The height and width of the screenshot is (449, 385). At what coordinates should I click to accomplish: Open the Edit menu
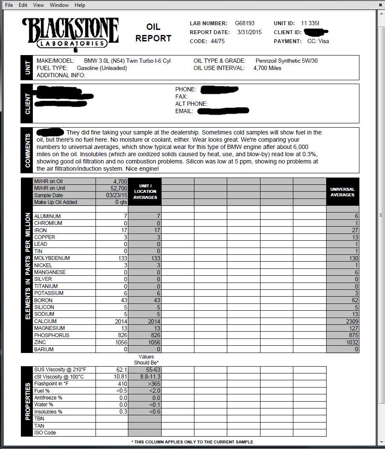tap(23, 5)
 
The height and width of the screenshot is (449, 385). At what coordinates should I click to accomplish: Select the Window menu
tap(59, 5)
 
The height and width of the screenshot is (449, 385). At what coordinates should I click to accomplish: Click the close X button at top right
tap(380, 5)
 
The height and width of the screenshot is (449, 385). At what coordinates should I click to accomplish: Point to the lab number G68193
tap(245, 23)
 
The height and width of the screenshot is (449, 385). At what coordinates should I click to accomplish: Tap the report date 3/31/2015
tap(249, 32)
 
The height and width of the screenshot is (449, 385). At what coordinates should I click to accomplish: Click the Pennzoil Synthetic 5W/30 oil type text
tap(287, 61)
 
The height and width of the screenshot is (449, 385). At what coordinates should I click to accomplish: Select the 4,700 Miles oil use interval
tap(267, 68)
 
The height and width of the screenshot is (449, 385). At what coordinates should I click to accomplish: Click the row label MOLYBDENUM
tap(52, 258)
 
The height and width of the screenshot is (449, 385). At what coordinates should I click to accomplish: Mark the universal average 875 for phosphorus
tap(353, 335)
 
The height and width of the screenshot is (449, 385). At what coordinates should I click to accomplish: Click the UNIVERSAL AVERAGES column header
tap(342, 192)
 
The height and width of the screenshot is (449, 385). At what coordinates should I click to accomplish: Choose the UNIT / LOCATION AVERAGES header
tap(145, 192)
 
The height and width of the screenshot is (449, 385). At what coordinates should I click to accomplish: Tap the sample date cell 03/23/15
tap(118, 195)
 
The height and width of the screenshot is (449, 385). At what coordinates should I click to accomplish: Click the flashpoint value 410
tap(123, 384)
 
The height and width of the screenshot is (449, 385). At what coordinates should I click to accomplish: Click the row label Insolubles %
tap(48, 412)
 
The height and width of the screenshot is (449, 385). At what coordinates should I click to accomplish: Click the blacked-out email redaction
tap(223, 111)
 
